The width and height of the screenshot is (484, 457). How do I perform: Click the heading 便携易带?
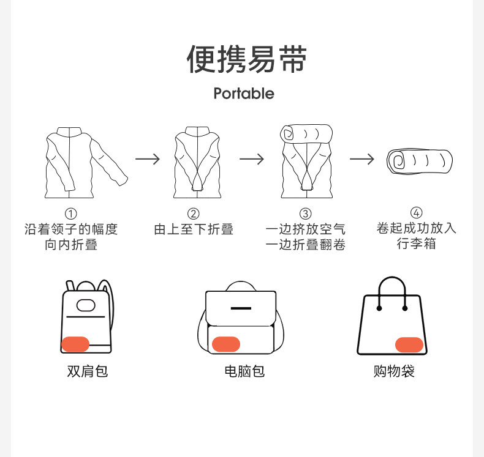247,59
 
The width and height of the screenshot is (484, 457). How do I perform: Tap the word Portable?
244,94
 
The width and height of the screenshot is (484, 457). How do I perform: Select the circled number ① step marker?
71,214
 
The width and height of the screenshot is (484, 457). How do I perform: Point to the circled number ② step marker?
194,214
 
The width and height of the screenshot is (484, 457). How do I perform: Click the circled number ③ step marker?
306,214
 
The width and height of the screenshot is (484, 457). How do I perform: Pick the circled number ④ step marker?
417,213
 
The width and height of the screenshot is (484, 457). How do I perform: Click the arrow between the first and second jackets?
148,159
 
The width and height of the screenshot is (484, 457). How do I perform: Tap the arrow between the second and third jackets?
251,159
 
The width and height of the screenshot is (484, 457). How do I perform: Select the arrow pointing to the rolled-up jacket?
361,159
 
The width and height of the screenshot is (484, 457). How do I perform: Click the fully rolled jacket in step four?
420,162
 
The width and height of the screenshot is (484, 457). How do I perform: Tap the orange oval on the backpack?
76,344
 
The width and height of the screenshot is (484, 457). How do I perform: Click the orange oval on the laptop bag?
226,344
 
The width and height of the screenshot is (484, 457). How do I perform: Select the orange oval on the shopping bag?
409,344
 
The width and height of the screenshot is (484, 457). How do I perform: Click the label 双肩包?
88,371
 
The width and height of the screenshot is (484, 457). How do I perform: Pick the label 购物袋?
394,371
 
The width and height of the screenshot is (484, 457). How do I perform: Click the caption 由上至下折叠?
194,229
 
